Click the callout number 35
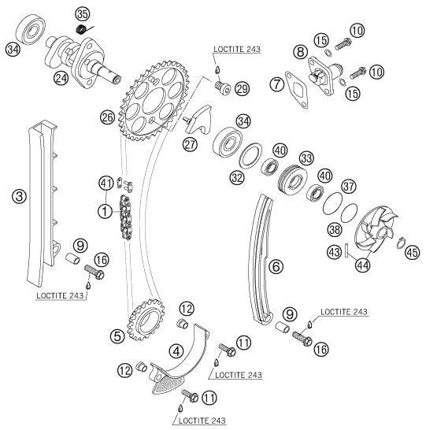point(82,14)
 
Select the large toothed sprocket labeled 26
point(154,100)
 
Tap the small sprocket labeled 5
point(146,320)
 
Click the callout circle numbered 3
point(20,197)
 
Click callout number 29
point(242,88)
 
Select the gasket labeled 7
point(297,90)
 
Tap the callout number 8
point(301,51)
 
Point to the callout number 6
point(276,266)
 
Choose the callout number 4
point(176,351)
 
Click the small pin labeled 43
point(346,250)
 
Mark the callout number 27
point(190,144)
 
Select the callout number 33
point(306,158)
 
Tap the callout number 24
point(61,79)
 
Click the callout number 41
point(106,183)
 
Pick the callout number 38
point(335,229)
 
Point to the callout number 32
point(237,177)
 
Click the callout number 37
point(348,187)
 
